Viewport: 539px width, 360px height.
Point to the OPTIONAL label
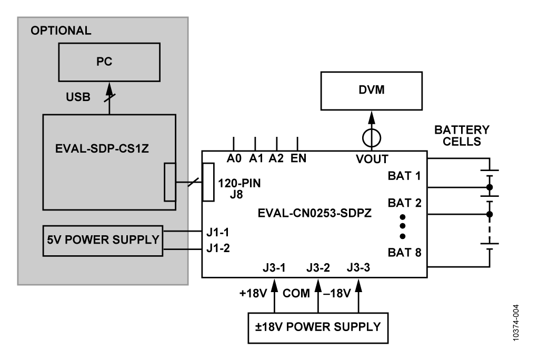[x=61, y=31]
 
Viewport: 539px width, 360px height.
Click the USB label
[x=78, y=97]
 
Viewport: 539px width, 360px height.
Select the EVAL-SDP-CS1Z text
[x=102, y=148]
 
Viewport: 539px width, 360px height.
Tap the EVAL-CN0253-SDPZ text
[x=315, y=213]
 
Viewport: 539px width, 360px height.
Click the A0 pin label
[x=234, y=158]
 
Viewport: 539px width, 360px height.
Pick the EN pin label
[x=298, y=158]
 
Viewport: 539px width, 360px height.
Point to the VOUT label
[x=372, y=159]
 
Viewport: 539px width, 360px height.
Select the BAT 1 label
[x=404, y=176]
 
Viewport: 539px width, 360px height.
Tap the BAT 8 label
[x=404, y=253]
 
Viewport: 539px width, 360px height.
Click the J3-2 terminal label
[x=318, y=267]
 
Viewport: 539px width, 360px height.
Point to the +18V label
[x=253, y=293]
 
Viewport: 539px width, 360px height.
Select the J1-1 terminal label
[x=218, y=233]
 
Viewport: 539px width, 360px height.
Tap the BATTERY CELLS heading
[x=462, y=135]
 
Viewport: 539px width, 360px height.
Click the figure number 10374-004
[x=516, y=323]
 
